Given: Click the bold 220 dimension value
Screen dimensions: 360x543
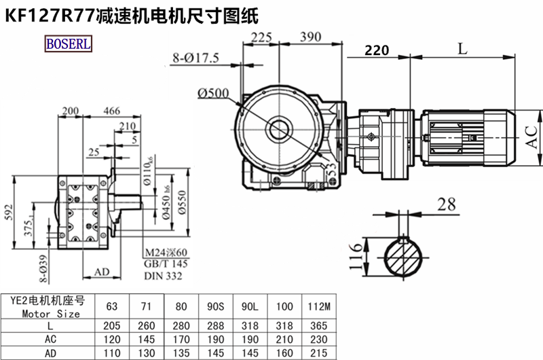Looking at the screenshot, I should pos(377,50).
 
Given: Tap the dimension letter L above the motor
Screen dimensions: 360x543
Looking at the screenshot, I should pos(462,48).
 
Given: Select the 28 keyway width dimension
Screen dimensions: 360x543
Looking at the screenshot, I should pos(445,202).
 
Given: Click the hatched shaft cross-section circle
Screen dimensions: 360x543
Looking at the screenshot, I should pos(405,257).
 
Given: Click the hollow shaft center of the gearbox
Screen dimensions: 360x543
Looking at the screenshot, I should pos(279,128).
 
